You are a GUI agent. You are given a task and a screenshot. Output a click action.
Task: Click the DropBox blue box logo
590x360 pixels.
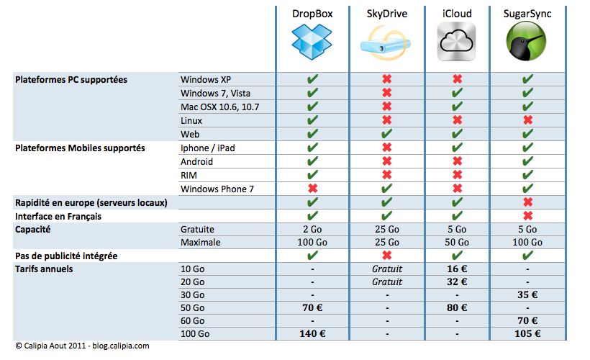pyautogui.click(x=312, y=43)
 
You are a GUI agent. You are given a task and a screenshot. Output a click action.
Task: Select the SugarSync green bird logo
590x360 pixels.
pyautogui.click(x=528, y=43)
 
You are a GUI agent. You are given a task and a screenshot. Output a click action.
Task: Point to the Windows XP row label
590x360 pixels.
pyautogui.click(x=206, y=79)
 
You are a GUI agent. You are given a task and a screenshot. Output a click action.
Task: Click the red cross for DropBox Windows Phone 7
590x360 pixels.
pyautogui.click(x=312, y=189)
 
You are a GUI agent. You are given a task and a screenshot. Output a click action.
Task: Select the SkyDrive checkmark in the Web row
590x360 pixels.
pyautogui.click(x=386, y=134)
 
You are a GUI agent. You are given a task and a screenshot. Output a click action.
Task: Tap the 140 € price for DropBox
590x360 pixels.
pyautogui.click(x=312, y=334)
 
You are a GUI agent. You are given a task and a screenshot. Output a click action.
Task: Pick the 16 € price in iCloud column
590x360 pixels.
pyautogui.click(x=457, y=269)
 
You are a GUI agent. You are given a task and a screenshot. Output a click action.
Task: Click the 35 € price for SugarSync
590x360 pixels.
pyautogui.click(x=528, y=294)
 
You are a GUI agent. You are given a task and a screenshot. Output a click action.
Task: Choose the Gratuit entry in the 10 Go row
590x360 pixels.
pyautogui.click(x=386, y=269)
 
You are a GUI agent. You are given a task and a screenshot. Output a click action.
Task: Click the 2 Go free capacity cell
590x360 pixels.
pyautogui.click(x=312, y=229)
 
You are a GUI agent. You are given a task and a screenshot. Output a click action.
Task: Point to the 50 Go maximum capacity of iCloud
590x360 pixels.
pyautogui.click(x=457, y=243)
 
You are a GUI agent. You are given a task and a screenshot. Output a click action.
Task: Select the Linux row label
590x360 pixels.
pyautogui.click(x=191, y=120)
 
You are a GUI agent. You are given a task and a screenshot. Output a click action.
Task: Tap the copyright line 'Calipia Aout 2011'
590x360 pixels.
pyautogui.click(x=81, y=346)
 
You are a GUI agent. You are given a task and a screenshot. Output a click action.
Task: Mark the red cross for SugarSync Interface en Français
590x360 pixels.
pyautogui.click(x=528, y=216)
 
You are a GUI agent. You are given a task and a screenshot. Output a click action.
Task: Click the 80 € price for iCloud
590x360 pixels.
pyautogui.click(x=457, y=307)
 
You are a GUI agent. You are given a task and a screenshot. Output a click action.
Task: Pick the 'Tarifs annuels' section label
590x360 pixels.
pyautogui.click(x=44, y=269)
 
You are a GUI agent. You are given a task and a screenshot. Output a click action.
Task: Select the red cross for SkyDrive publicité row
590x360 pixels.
pyautogui.click(x=386, y=256)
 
